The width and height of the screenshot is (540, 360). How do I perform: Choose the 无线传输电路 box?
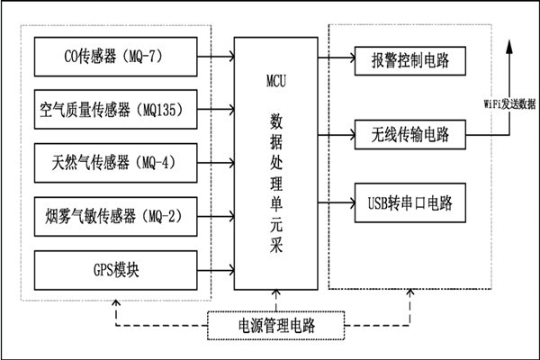coord(410,135)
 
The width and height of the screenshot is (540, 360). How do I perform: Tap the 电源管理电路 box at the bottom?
coord(276,324)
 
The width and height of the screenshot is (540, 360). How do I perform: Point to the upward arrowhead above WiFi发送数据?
coord(510,45)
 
